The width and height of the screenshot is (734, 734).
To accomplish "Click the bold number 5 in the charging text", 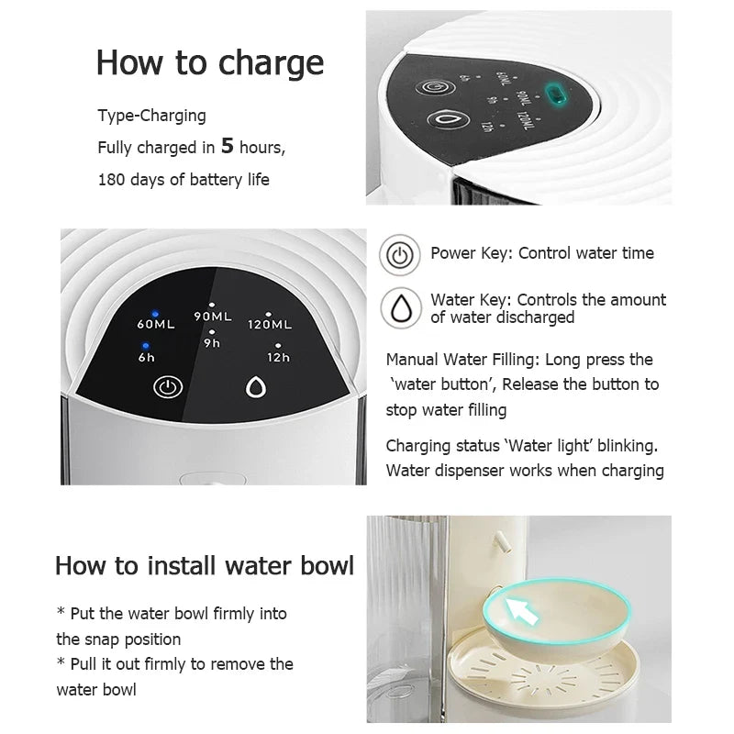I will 228,145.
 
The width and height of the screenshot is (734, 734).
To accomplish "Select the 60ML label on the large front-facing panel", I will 156,324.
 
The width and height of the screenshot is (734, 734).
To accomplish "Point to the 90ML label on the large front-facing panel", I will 213,317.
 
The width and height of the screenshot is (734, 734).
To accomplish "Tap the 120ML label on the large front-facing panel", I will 270,324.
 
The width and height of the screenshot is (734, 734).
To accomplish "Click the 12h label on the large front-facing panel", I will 278,357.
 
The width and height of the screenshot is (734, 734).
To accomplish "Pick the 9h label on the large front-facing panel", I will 212,344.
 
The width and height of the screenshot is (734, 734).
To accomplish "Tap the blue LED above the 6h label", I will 147,345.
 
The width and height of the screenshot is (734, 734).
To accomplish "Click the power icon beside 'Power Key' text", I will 399,254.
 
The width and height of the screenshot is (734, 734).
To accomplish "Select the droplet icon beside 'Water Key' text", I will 399,307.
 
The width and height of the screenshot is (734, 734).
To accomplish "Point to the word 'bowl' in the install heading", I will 322,564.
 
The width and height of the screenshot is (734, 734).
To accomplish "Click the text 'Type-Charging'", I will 152,116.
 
